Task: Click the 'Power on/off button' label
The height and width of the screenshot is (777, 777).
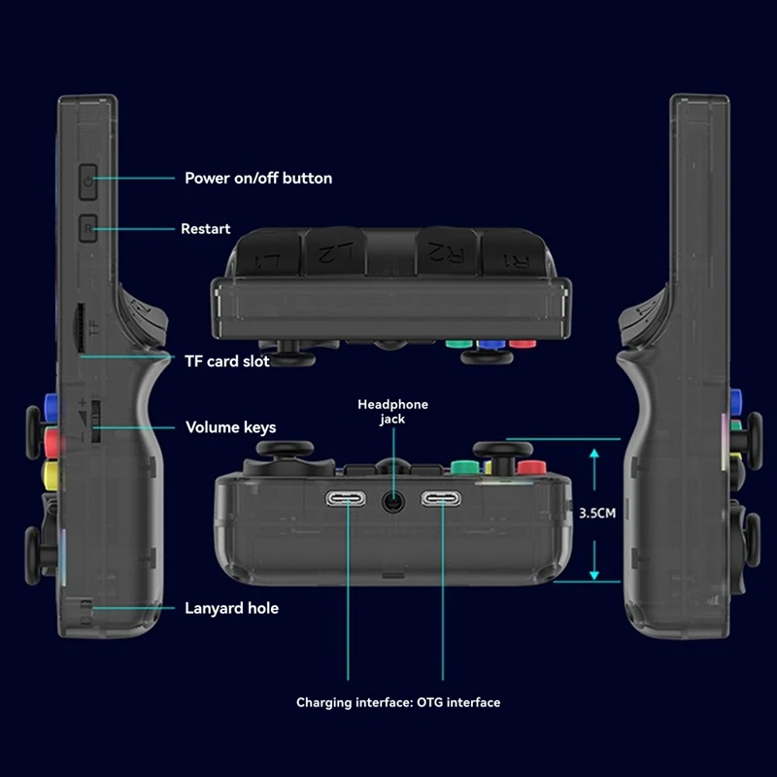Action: click(258, 178)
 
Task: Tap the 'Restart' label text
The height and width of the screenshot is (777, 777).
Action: click(206, 229)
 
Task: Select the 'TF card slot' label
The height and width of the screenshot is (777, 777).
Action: click(227, 361)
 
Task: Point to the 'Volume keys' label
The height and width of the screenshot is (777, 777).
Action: click(230, 427)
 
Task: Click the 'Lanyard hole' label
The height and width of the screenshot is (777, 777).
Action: click(231, 608)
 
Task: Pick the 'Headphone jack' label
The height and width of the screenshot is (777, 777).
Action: click(392, 412)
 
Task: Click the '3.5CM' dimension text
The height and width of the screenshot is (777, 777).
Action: click(595, 514)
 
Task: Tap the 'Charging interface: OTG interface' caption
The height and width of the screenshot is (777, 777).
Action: click(398, 701)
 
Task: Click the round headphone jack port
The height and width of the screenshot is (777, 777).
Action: click(392, 501)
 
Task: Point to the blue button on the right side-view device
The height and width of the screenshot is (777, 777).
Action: click(735, 398)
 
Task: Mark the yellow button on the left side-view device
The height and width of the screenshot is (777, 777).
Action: click(50, 473)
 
